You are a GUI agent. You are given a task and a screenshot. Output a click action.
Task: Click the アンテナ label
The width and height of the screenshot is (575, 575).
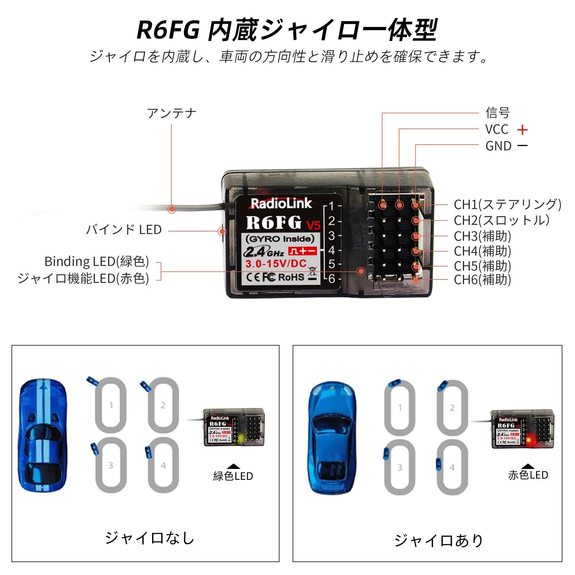pyautogui.click(x=172, y=113)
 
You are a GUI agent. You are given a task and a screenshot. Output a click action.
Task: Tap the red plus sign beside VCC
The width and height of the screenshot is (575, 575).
pyautogui.click(x=522, y=130)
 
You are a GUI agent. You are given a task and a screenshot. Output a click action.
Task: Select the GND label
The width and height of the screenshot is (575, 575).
pyautogui.click(x=498, y=146)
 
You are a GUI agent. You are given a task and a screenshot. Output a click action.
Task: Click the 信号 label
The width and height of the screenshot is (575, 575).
pyautogui.click(x=498, y=113)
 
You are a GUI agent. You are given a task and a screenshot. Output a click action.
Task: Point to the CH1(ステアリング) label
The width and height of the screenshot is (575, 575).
pyautogui.click(x=507, y=204)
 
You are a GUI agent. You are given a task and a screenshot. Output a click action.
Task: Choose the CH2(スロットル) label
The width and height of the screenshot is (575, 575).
pyautogui.click(x=501, y=221)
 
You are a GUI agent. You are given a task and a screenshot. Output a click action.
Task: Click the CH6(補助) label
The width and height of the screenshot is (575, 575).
pyautogui.click(x=482, y=280)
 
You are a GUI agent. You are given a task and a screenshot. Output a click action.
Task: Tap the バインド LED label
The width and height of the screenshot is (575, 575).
pyautogui.click(x=124, y=230)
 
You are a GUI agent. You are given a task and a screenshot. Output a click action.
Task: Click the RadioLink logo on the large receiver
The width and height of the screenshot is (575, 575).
pyautogui.click(x=281, y=204)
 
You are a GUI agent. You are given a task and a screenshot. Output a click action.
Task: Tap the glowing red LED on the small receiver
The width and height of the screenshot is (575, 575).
pyautogui.click(x=529, y=440)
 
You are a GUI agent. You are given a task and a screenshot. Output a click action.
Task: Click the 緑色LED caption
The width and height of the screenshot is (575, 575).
pyautogui.click(x=233, y=476)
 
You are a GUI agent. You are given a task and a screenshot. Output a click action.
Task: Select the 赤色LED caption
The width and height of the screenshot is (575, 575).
pyautogui.click(x=528, y=475)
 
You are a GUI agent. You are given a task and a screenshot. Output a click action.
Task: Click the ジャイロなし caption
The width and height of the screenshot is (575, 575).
pyautogui.click(x=149, y=538)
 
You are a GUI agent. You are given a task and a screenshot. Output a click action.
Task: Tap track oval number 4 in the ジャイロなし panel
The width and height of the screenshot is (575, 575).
pyautogui.click(x=163, y=465)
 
